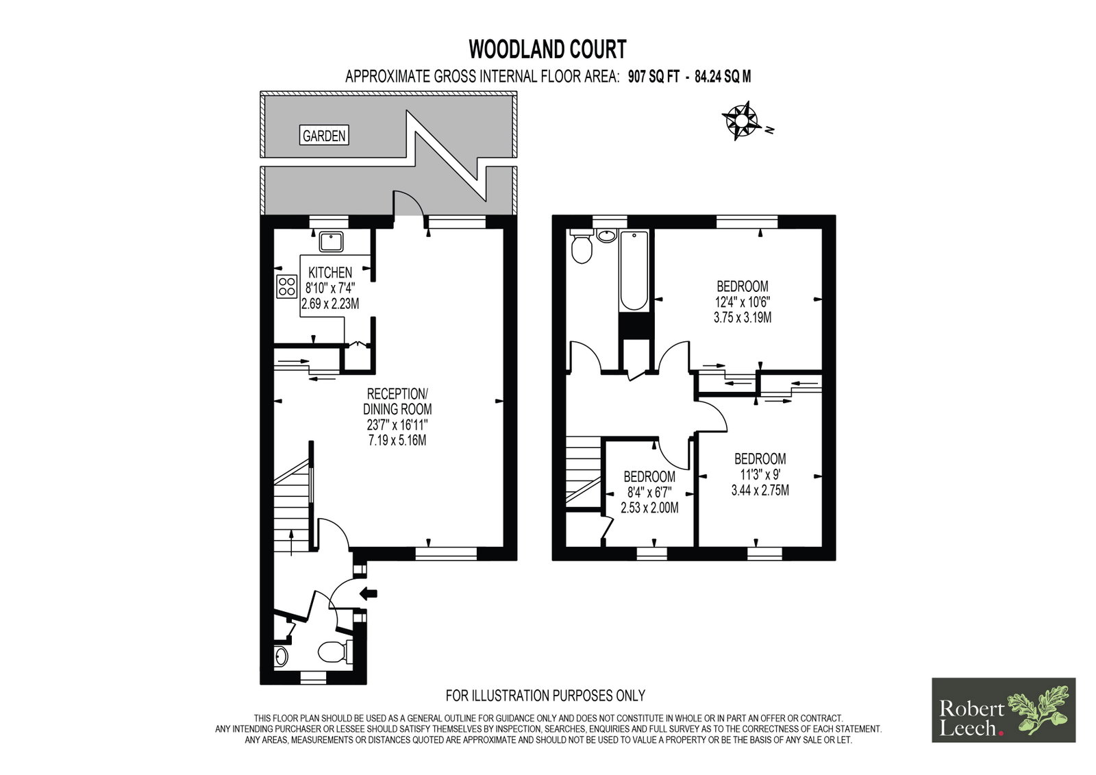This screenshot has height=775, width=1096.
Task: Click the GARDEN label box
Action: click(324, 135)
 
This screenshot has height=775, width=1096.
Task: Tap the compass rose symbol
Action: click(741, 120)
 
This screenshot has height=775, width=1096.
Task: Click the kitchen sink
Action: click(332, 242)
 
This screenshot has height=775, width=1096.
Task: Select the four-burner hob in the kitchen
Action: click(287, 286)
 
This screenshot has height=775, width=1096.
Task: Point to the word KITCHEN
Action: click(330, 272)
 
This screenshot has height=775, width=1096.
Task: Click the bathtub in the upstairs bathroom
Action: click(634, 271)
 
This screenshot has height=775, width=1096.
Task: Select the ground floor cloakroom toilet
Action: click(336, 652)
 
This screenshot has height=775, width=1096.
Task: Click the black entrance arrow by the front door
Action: click(369, 594)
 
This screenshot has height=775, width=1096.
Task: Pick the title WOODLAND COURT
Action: click(547, 49)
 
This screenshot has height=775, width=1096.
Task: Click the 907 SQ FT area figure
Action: click(653, 77)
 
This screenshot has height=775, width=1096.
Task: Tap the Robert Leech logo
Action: click(1004, 710)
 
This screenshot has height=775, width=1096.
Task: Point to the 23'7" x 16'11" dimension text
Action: click(397, 424)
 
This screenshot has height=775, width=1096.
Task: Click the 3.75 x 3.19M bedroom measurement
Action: click(743, 318)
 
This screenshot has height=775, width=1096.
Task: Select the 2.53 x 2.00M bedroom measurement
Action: click(649, 508)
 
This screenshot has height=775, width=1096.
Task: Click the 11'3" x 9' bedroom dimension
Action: click(760, 474)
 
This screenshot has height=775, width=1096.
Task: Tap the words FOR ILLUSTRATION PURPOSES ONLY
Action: click(545, 696)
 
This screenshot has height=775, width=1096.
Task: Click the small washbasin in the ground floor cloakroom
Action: click(281, 656)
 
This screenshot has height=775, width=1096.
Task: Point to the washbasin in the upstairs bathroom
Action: click(607, 236)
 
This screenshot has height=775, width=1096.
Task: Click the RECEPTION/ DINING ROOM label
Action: click(397, 402)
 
